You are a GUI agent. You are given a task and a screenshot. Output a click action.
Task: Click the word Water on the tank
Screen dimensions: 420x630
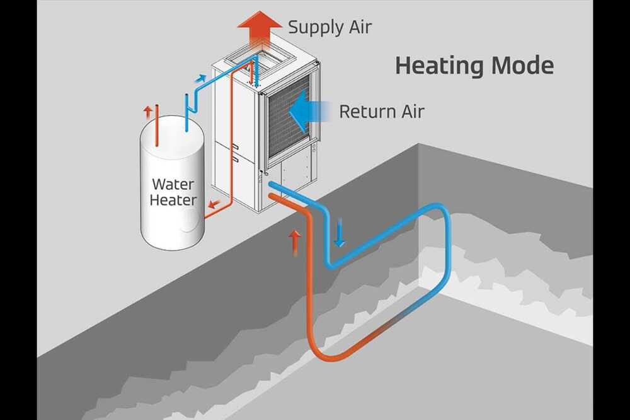173,185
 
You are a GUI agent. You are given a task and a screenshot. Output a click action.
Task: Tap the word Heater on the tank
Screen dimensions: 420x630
173,201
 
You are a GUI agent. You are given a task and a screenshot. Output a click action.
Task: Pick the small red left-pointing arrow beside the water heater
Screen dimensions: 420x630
214,204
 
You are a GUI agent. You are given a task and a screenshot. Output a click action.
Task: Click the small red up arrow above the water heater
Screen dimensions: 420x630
147,112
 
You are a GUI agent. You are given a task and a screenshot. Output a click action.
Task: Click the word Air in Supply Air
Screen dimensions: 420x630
360,27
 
